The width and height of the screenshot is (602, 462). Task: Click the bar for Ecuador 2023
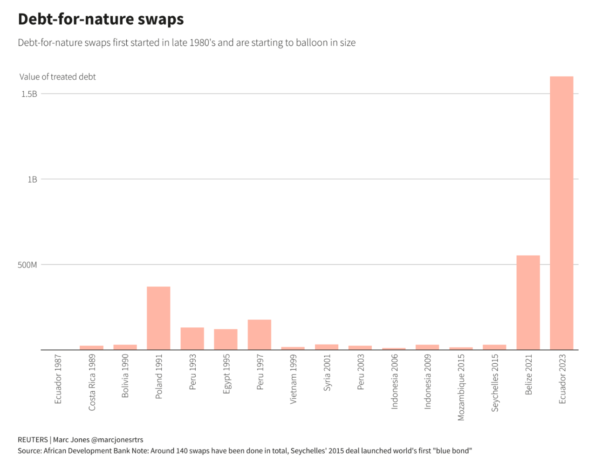[x=561, y=213]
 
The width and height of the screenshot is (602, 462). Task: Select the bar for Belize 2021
[x=527, y=302]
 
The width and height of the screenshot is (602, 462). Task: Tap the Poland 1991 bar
[x=158, y=318]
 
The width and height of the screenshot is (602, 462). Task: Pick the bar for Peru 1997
[x=259, y=334]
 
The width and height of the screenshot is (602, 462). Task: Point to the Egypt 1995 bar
[x=226, y=339]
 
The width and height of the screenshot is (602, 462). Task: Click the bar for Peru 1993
[x=192, y=338]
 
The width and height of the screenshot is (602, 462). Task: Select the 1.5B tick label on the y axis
[x=29, y=94]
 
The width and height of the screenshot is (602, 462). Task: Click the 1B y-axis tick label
[x=32, y=179]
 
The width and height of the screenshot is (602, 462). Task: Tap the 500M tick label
[x=27, y=265]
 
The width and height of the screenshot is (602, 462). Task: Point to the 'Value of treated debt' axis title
[x=57, y=77]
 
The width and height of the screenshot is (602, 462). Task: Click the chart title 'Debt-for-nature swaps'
[x=101, y=19]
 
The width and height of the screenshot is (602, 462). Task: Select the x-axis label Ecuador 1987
[x=58, y=379]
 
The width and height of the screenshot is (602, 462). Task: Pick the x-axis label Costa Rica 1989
[x=92, y=382]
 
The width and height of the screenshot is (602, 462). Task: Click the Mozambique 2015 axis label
[x=461, y=387]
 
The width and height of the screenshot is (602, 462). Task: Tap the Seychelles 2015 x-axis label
[x=495, y=383]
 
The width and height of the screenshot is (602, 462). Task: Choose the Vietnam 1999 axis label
[x=293, y=379]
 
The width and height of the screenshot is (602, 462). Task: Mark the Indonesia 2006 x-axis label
[x=394, y=381]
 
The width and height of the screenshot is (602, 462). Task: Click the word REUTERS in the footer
[x=33, y=440]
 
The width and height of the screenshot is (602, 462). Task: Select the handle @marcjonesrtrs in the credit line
[x=117, y=440]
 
